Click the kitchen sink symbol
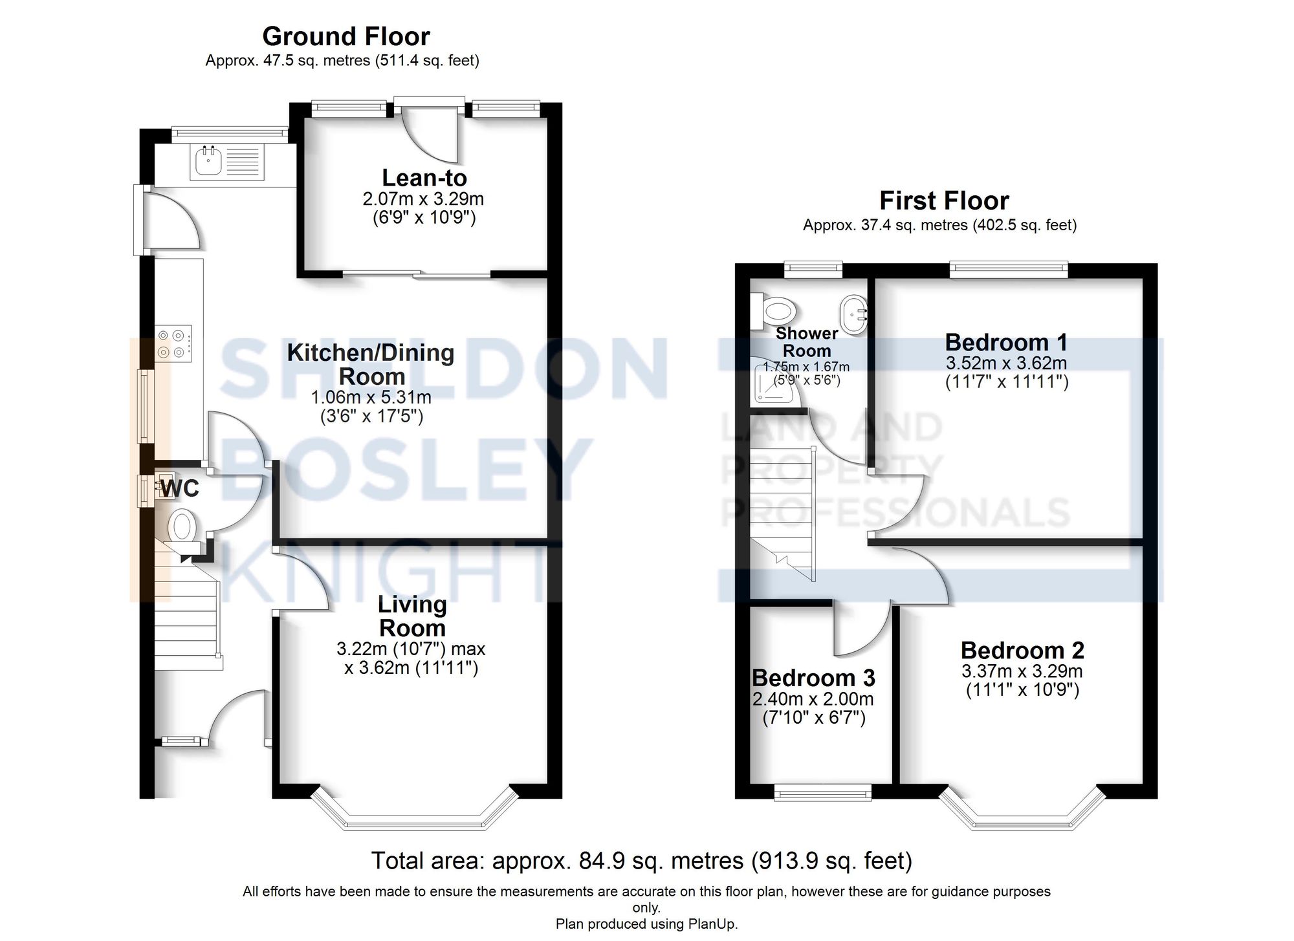[x=226, y=162]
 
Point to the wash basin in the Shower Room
[x=854, y=316]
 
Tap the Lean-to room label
[x=424, y=178]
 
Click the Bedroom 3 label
[x=813, y=678]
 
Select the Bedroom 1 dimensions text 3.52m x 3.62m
[x=1006, y=363]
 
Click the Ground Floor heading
[x=345, y=36]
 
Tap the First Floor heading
[x=943, y=200]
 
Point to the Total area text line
[x=641, y=861]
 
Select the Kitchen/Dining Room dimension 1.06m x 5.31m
[x=371, y=396]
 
